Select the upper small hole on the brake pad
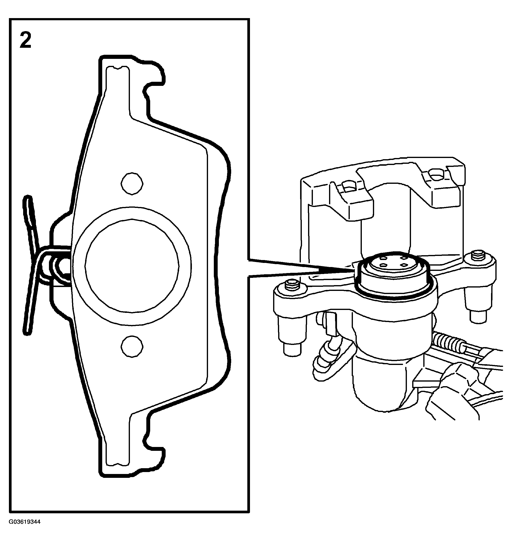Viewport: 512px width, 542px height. point(132,184)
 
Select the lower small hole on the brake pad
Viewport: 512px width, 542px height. point(132,346)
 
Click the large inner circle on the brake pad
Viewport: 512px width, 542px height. point(132,266)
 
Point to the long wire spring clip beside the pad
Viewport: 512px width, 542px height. point(29,265)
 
